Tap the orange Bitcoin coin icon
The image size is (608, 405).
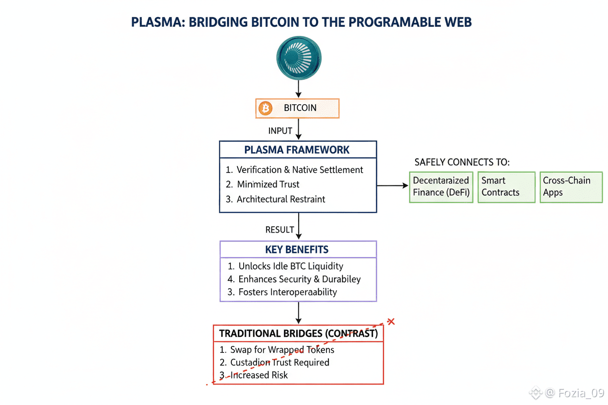click(x=266, y=109)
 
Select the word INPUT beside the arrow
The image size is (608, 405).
click(x=280, y=131)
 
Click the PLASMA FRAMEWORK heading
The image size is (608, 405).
click(x=297, y=150)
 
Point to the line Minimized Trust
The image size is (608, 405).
click(x=268, y=184)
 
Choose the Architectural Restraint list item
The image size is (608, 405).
click(x=281, y=199)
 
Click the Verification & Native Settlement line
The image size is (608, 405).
click(x=300, y=170)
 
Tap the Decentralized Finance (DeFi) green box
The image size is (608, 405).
click(x=441, y=187)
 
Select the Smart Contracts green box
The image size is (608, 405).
click(x=506, y=187)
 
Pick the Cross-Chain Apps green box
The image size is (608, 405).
click(x=571, y=187)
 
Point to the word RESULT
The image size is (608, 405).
click(x=280, y=230)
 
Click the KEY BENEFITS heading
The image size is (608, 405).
click(x=297, y=250)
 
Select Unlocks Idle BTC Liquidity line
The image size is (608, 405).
click(x=291, y=266)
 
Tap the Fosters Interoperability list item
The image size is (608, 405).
click(x=287, y=293)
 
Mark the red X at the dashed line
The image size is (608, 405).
click(x=390, y=322)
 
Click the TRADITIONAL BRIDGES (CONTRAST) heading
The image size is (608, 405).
click(x=298, y=334)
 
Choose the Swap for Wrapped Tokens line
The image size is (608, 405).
click(x=282, y=350)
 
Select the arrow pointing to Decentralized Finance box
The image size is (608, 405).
click(x=393, y=185)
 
